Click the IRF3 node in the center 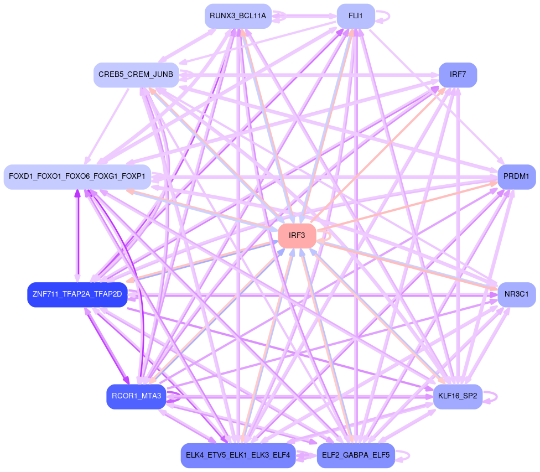pyautogui.click(x=297, y=236)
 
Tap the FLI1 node pyautogui.click(x=355, y=16)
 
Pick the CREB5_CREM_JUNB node pyautogui.click(x=136, y=74)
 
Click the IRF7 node pyautogui.click(x=457, y=74)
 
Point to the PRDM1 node pyautogui.click(x=516, y=177)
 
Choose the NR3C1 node pyautogui.click(x=516, y=293)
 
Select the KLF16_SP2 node pyautogui.click(x=457, y=396)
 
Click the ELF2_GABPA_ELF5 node pyautogui.click(x=355, y=455)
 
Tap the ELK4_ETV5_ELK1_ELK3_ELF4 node pyautogui.click(x=238, y=455)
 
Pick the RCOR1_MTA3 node pyautogui.click(x=136, y=396)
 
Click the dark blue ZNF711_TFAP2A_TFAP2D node pyautogui.click(x=77, y=294)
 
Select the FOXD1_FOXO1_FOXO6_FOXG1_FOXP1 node pyautogui.click(x=77, y=177)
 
